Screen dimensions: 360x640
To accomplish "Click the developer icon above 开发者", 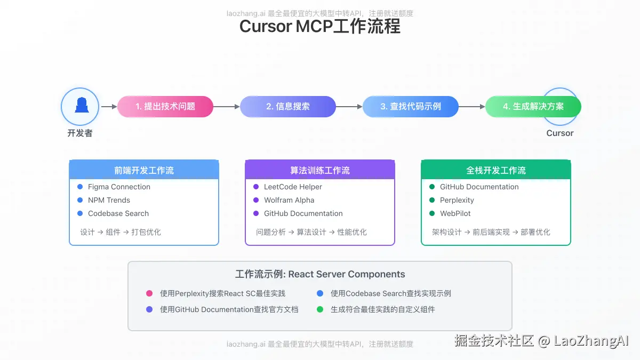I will click(80, 106).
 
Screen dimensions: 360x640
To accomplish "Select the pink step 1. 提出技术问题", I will click(165, 107).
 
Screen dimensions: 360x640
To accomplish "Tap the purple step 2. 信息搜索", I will click(288, 107).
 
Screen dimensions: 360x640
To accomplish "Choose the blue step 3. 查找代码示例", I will click(411, 107).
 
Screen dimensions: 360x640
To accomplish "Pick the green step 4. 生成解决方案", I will click(533, 107).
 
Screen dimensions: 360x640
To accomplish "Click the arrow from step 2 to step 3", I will click(349, 107).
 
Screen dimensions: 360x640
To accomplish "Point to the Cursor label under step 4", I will click(560, 133).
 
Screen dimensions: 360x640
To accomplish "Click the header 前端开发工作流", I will click(144, 170).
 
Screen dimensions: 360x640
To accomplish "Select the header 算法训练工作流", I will click(320, 170).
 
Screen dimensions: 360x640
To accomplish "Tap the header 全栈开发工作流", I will click(496, 170).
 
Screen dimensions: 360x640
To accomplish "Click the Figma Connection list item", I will click(119, 187).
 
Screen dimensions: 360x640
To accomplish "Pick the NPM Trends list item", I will click(109, 200).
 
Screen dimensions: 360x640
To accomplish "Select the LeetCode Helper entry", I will click(293, 187).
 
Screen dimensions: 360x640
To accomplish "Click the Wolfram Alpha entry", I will click(289, 200).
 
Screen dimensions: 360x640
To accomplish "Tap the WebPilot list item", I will click(455, 213).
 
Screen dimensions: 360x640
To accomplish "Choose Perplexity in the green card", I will click(457, 200).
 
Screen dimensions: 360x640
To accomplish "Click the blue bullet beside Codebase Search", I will click(80, 213).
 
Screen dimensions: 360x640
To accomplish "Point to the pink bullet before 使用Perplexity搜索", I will click(149, 293).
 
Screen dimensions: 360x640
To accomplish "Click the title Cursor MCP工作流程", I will click(320, 27).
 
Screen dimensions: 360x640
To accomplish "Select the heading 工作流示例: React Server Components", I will click(320, 274).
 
